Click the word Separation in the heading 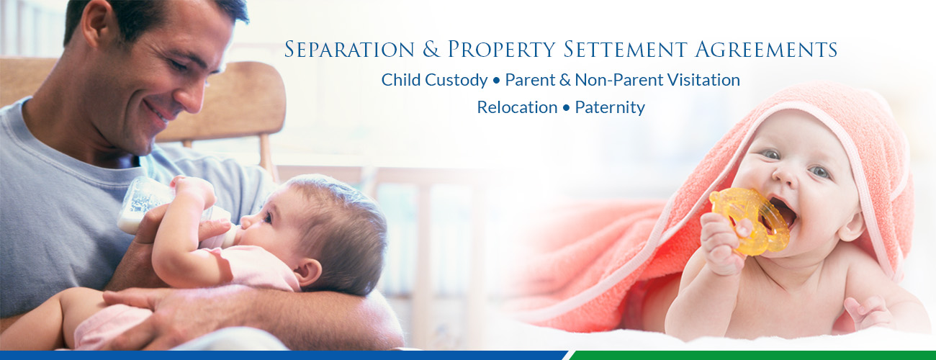click(x=349, y=49)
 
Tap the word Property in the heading click(x=502, y=49)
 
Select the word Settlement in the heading click(x=625, y=49)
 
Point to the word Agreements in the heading click(x=766, y=49)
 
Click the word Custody click(x=456, y=80)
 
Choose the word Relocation click(x=517, y=107)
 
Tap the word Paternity click(x=610, y=108)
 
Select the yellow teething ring click(x=748, y=220)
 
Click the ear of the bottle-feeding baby click(x=308, y=272)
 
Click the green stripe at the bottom click(x=753, y=356)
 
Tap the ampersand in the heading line click(x=431, y=49)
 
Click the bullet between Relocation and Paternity click(x=566, y=108)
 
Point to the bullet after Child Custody click(x=496, y=81)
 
